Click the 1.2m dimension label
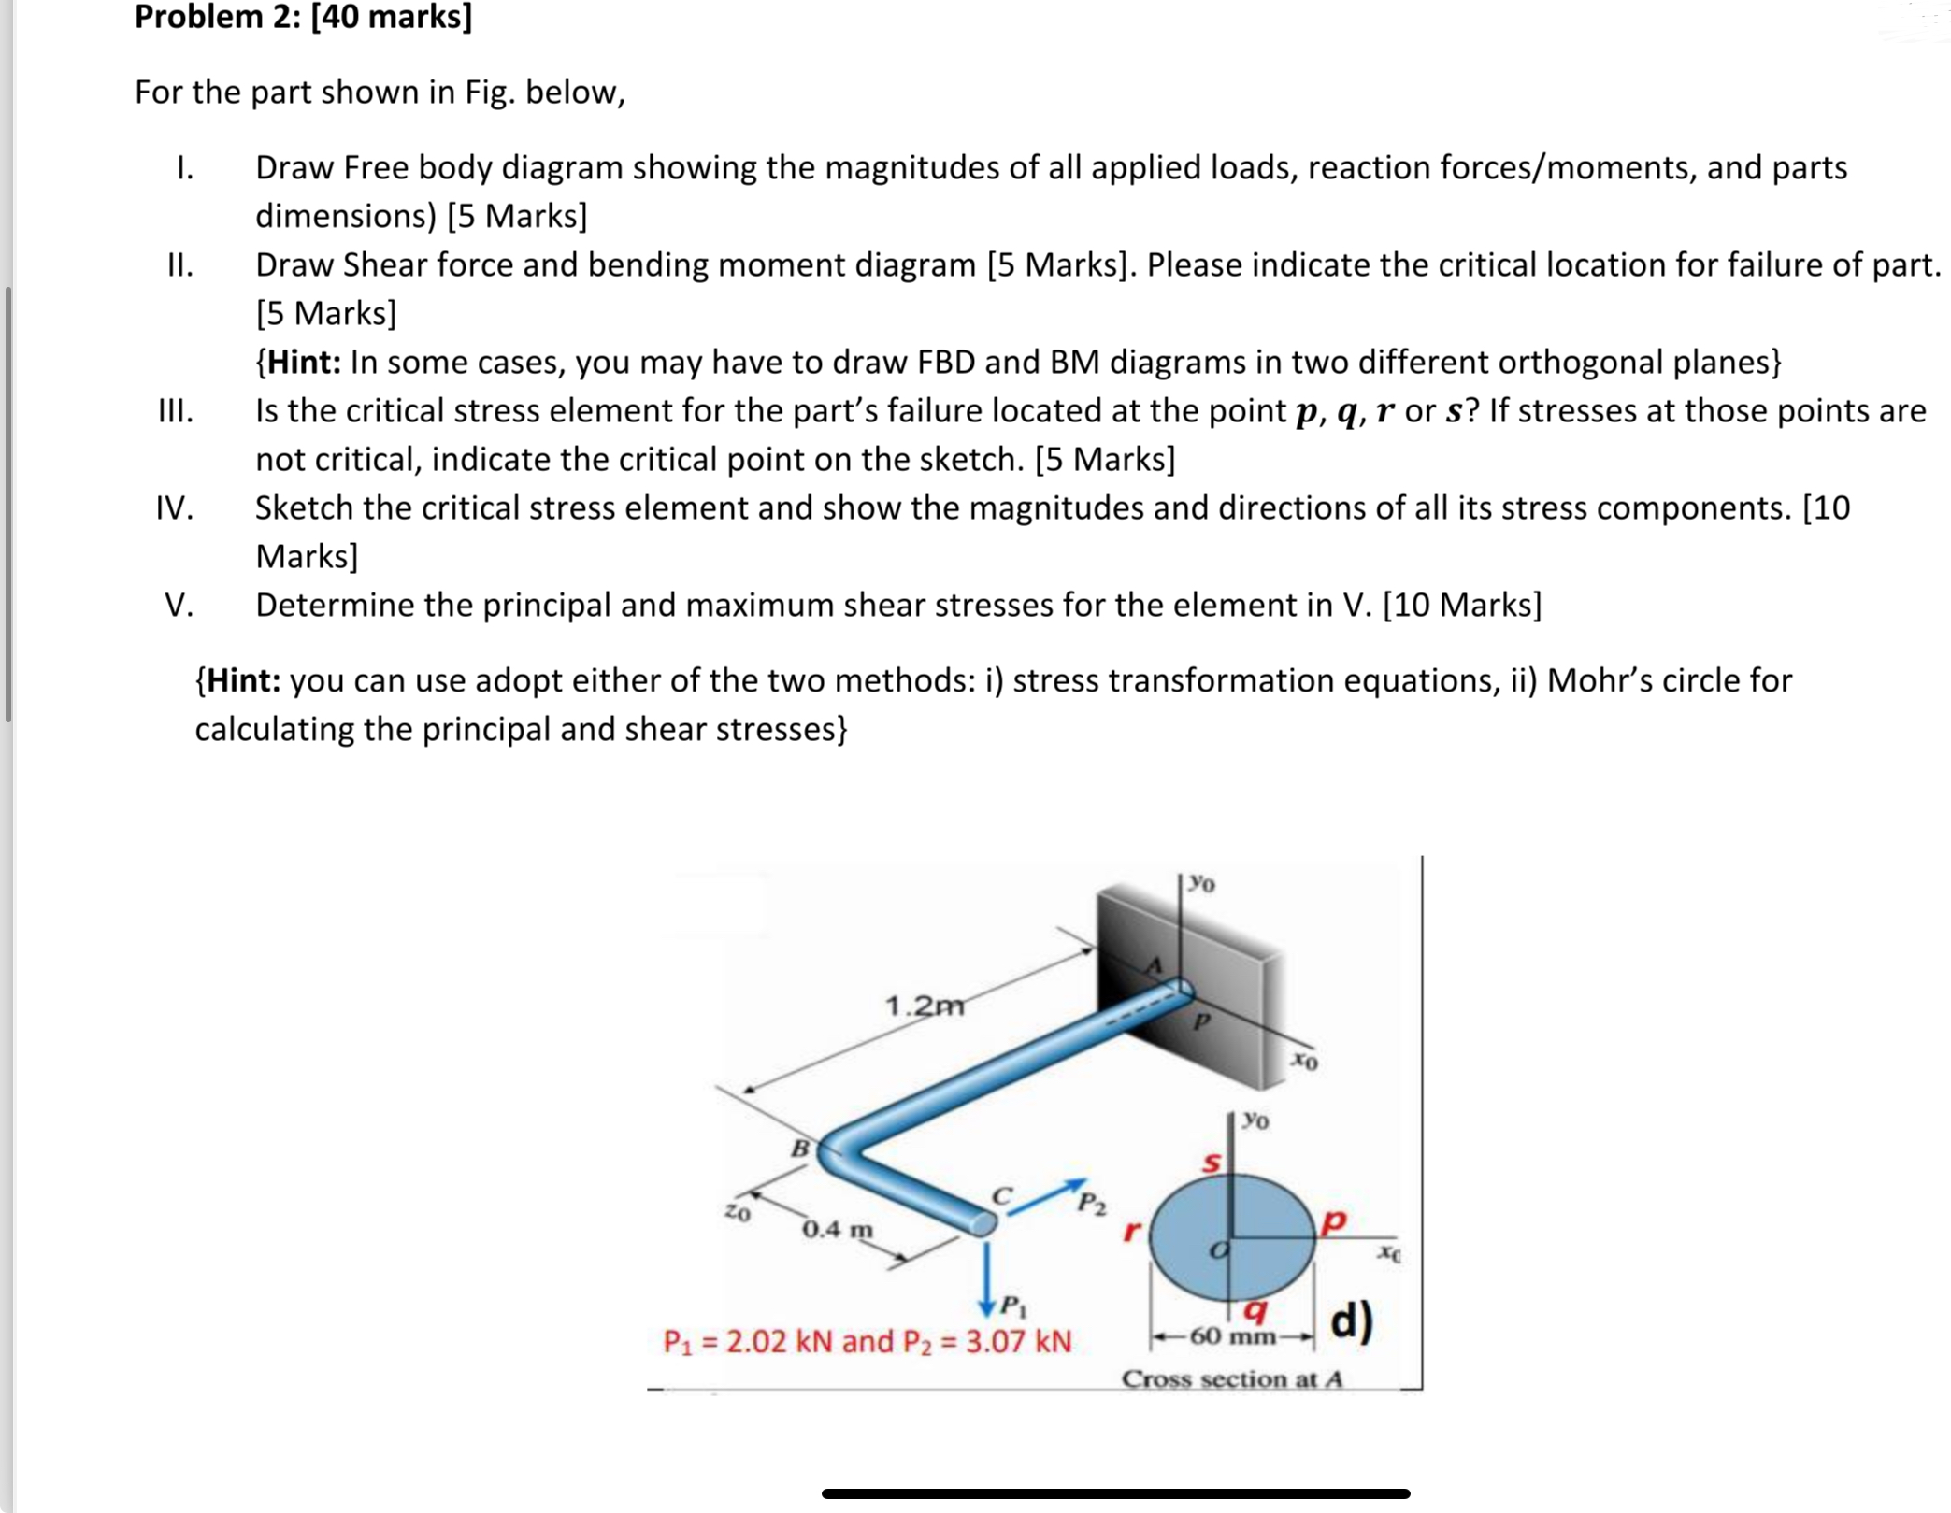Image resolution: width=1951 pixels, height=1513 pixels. click(924, 1006)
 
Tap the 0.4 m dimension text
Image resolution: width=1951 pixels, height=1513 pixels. click(837, 1229)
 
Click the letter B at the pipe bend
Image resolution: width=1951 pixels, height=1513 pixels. click(800, 1148)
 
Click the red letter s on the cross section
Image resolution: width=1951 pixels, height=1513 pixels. click(1211, 1163)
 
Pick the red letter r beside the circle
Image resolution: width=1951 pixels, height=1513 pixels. click(1130, 1231)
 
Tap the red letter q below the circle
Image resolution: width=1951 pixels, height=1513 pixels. click(1257, 1313)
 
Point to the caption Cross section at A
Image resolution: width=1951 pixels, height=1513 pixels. click(1231, 1378)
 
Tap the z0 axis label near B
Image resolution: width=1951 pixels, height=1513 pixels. click(737, 1213)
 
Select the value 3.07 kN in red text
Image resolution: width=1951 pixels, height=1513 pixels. click(1018, 1342)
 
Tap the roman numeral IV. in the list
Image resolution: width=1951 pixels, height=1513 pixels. click(175, 508)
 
